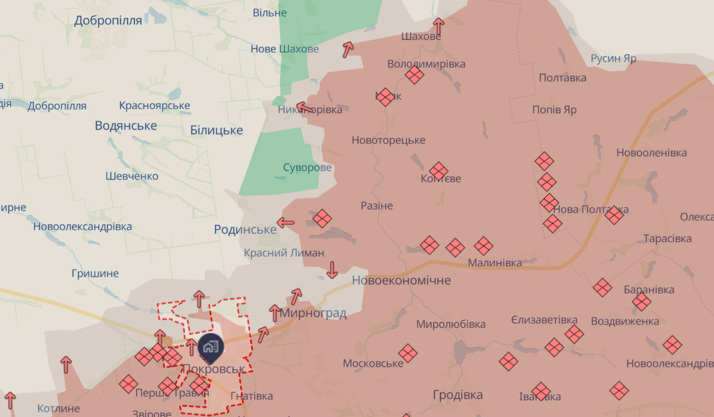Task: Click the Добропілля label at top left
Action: [108, 20]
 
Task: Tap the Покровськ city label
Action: [213, 368]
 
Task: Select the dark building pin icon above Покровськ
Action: [210, 347]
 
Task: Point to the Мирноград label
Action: [313, 313]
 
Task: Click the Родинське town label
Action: [245, 229]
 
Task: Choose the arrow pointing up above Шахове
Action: [438, 27]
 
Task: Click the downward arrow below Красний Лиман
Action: [332, 269]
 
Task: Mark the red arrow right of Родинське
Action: [285, 223]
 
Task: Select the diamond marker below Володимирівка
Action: [415, 74]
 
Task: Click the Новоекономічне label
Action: [401, 281]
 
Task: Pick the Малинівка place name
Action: [494, 263]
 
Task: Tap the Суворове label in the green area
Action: [307, 168]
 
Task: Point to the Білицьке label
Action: [216, 130]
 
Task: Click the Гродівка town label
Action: [458, 395]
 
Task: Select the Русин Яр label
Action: [614, 59]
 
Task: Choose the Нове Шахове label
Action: [284, 49]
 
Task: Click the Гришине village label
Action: [95, 273]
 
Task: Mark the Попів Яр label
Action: [554, 110]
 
